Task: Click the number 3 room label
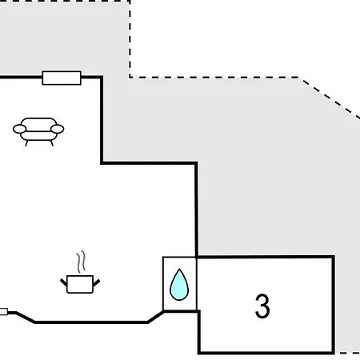262,306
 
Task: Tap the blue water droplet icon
179,285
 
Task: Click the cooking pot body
80,284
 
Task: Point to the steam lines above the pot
81,262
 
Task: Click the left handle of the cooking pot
64,282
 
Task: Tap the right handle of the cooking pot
96,282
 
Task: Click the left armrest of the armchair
20,129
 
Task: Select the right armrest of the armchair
57,129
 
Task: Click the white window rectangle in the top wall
62,78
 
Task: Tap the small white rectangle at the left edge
4,311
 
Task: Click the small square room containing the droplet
179,284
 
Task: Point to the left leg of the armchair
26,143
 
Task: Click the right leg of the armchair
52,143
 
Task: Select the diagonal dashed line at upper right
330,98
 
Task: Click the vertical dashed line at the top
130,39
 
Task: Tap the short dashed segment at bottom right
350,353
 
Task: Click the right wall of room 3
334,305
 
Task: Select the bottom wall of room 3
266,353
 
